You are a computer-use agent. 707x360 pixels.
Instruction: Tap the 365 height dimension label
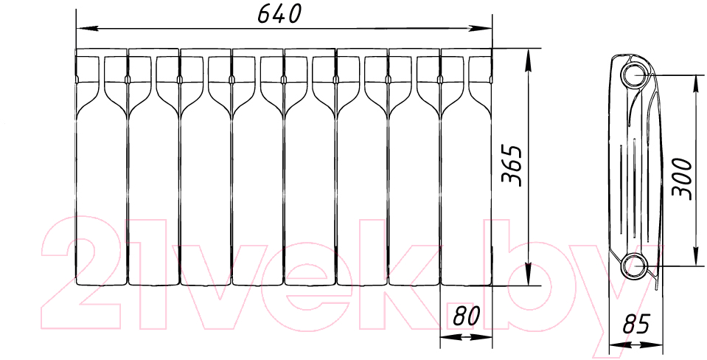512,165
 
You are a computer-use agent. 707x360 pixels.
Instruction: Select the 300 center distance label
681,179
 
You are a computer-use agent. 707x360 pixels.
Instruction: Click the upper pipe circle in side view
635,75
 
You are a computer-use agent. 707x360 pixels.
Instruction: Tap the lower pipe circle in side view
635,266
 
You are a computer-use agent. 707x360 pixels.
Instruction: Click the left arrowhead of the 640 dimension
86,29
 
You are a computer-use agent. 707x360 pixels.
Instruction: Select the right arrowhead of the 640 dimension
481,29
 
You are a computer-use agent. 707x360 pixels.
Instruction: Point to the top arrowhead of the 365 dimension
529,58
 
